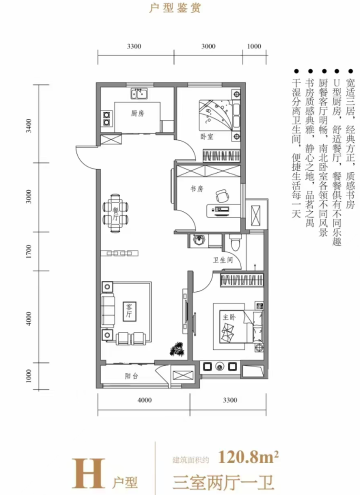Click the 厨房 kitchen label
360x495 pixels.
[x=137, y=113]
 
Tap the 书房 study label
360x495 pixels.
[x=197, y=189]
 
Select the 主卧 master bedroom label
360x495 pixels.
[x=229, y=316]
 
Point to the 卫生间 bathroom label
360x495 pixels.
[x=222, y=260]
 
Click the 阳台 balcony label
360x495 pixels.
[x=131, y=376]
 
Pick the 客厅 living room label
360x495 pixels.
[x=129, y=311]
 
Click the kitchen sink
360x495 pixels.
[x=139, y=94]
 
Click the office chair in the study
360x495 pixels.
[x=222, y=195]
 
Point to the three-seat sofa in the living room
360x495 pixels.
[x=107, y=310]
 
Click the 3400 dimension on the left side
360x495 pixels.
[x=28, y=125]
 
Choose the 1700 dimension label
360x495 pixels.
[x=28, y=251]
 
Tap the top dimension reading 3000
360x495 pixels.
[x=208, y=46]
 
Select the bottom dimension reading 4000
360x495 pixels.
[x=144, y=400]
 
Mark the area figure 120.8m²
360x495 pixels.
[x=248, y=456]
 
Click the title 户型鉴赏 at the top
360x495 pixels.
[x=175, y=7]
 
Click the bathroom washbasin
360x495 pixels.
[x=198, y=241]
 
